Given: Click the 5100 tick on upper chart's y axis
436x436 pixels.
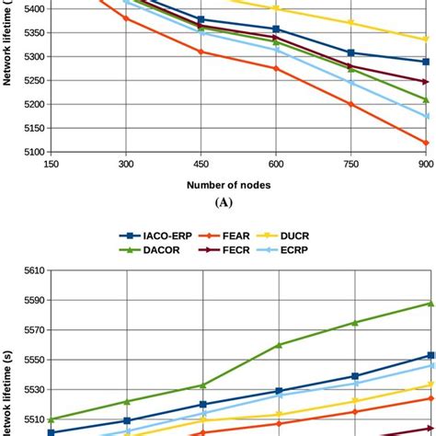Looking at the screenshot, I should click(x=26, y=152).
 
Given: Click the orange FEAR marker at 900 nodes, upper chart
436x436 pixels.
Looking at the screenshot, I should click(x=425, y=143).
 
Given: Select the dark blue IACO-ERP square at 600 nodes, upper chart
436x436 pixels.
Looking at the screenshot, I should click(x=276, y=29).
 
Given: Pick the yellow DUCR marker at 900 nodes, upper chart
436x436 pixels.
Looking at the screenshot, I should click(x=425, y=40).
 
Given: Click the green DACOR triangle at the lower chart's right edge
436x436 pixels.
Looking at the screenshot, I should click(x=425, y=304).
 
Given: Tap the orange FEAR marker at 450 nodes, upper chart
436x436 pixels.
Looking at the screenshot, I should click(x=201, y=52).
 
